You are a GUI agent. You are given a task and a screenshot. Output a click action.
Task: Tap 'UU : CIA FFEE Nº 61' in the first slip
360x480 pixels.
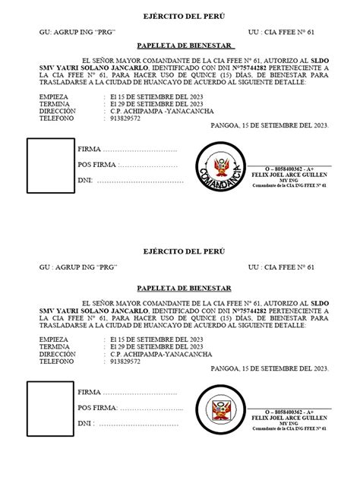[281, 33]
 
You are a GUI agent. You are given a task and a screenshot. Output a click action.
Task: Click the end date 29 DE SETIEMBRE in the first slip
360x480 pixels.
[153, 105]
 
